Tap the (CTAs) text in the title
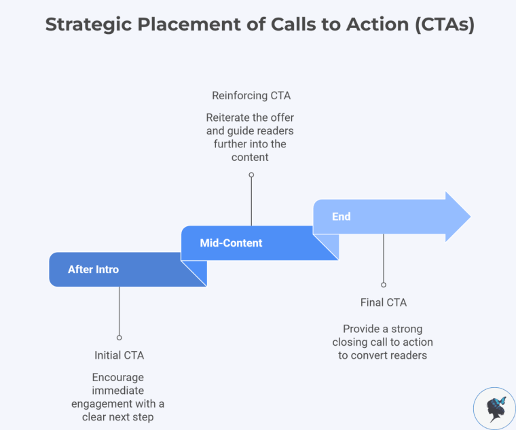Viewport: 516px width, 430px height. coord(439,24)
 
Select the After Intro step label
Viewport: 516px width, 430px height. coord(93,270)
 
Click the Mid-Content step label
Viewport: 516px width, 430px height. coord(231,243)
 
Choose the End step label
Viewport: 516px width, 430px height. coord(341,217)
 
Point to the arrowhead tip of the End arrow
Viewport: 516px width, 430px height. coord(468,217)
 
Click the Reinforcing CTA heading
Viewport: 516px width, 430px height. coord(251,96)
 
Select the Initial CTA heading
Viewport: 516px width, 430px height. coord(119,355)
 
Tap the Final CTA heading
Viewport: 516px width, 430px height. coord(383,302)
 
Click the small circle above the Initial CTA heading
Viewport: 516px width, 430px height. coord(119,337)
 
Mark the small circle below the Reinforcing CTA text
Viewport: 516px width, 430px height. coord(251,175)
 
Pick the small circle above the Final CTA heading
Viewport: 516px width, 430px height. coord(383,285)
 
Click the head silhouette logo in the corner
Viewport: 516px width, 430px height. coord(494,408)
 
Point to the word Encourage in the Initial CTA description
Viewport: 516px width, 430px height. coord(118,377)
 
